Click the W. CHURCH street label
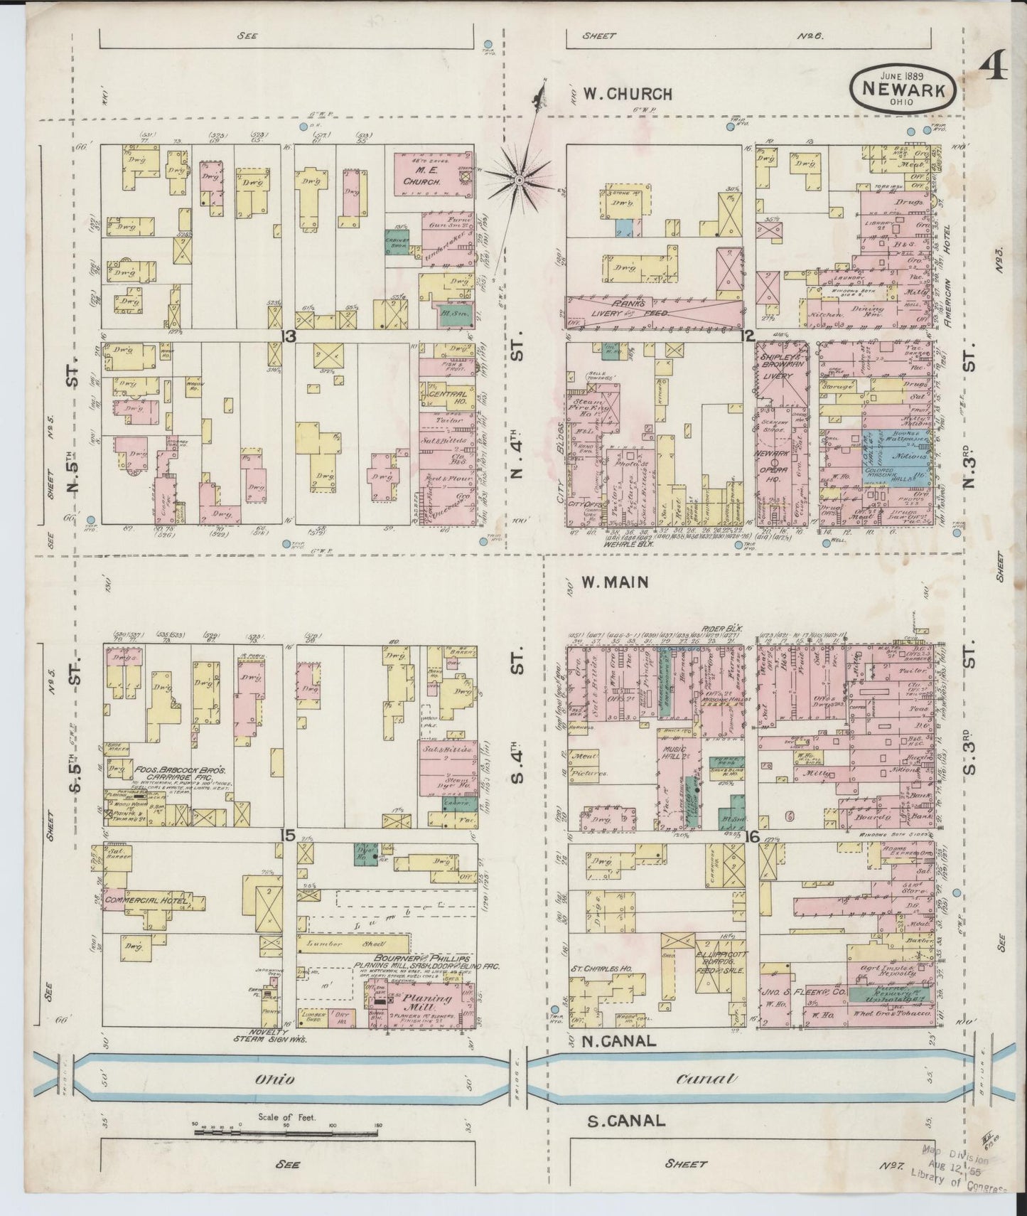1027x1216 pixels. (x=626, y=93)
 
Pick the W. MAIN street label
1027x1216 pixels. (x=615, y=582)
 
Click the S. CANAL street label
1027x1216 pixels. (x=626, y=1121)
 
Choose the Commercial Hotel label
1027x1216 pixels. (x=146, y=901)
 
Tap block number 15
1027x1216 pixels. (x=288, y=834)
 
